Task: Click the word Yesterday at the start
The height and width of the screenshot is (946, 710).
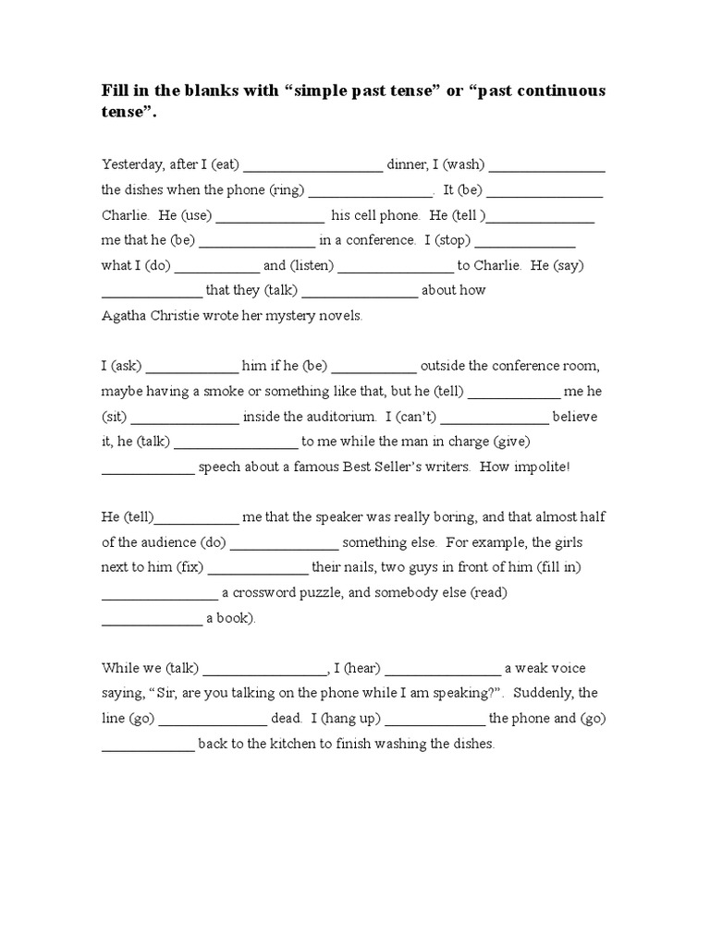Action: [130, 164]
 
